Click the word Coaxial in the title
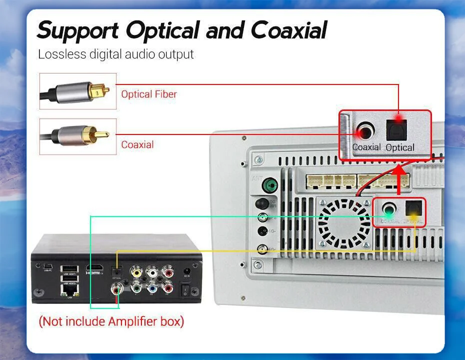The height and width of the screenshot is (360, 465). coord(288,30)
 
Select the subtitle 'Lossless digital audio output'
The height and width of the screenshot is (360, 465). coord(115,54)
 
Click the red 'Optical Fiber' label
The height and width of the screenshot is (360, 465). coord(148,94)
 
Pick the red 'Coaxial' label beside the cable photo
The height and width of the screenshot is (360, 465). coord(137,145)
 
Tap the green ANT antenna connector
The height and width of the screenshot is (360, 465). coord(270,186)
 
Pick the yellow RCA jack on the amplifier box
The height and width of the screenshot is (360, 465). coord(135,271)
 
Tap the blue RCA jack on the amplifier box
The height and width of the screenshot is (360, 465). coord(151,287)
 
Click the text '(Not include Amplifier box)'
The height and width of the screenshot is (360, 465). coord(111,321)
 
